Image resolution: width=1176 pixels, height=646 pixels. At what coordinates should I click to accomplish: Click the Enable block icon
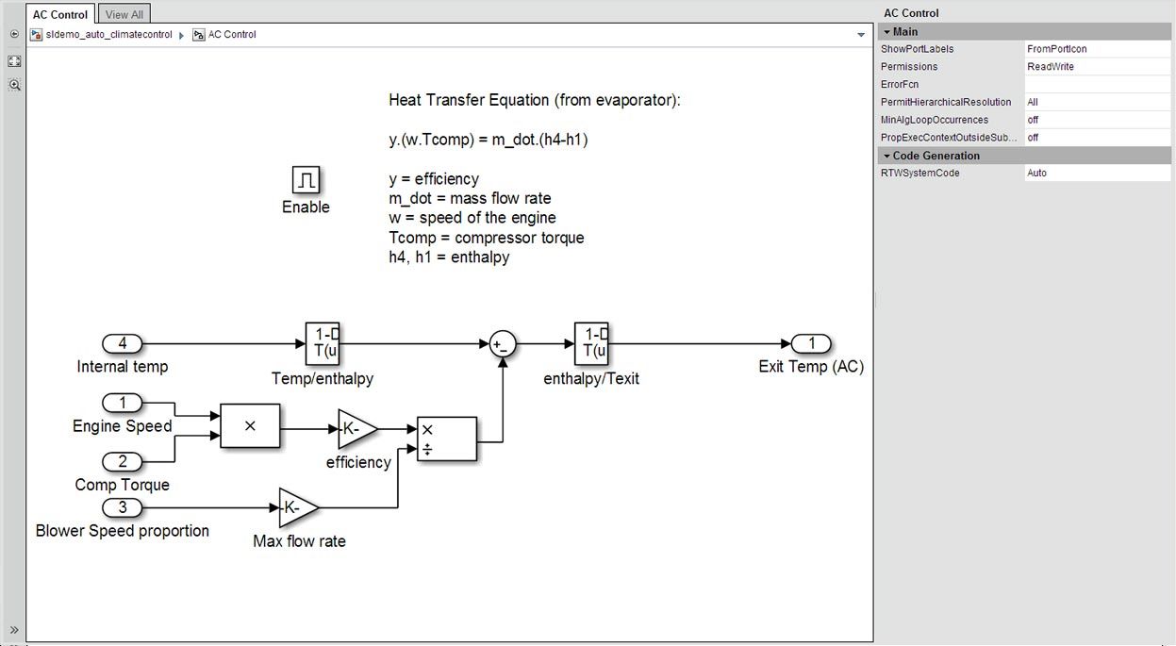tap(306, 179)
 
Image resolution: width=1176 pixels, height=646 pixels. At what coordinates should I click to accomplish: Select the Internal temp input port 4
tap(123, 344)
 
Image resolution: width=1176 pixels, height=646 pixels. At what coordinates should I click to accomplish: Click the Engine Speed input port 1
tap(123, 404)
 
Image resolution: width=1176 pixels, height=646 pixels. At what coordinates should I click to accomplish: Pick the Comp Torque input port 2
tap(123, 462)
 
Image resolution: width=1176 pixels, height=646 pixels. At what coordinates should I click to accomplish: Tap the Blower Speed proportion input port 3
tap(123, 508)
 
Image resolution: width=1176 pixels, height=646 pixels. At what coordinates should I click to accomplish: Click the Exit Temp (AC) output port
tap(811, 344)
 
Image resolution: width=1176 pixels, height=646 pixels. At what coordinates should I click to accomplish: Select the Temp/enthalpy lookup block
tap(322, 344)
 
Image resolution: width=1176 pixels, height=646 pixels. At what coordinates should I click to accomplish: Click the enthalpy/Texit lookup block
tap(591, 344)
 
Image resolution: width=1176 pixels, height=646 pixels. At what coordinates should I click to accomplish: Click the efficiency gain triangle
tap(356, 429)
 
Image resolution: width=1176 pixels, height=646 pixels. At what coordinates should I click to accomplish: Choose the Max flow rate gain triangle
tap(298, 508)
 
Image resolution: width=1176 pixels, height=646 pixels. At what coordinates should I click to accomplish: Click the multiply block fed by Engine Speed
tap(250, 426)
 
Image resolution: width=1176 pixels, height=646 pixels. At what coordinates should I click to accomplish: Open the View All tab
tap(124, 14)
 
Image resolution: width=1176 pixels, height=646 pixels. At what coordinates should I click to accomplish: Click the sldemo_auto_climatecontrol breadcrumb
tap(109, 35)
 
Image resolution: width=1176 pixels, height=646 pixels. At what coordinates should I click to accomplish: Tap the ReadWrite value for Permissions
tap(1051, 67)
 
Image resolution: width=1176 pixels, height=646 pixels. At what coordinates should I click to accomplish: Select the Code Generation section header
tap(936, 156)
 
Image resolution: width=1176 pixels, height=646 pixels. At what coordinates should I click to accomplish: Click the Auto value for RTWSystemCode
tap(1036, 174)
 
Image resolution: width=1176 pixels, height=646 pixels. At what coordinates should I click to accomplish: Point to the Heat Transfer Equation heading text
tap(534, 100)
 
